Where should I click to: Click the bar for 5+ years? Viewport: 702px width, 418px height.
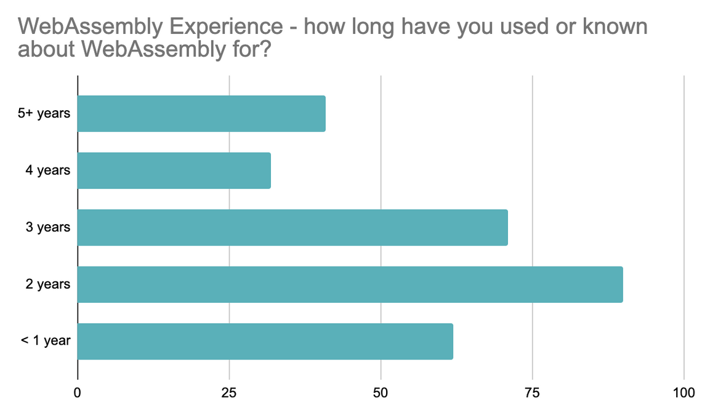tap(201, 114)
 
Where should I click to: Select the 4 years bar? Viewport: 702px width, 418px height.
tap(174, 171)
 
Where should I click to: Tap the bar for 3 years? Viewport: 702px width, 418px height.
tap(292, 228)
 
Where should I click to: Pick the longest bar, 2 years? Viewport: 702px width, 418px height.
tap(350, 284)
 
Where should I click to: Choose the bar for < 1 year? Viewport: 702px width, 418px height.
tap(265, 341)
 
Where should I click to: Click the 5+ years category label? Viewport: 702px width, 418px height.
tap(44, 114)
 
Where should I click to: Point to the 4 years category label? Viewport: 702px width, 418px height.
tap(48, 171)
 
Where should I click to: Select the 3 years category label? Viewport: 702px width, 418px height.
tap(48, 228)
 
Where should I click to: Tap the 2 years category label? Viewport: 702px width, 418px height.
tap(48, 284)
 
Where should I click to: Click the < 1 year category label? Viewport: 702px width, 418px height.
tap(46, 341)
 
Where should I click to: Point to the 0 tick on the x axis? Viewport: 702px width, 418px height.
tap(78, 393)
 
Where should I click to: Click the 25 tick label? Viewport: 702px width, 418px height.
tap(229, 393)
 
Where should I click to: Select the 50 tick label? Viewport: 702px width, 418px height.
tap(381, 393)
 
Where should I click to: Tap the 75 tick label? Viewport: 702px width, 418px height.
tap(533, 393)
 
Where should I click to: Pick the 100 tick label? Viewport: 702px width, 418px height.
tap(684, 393)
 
